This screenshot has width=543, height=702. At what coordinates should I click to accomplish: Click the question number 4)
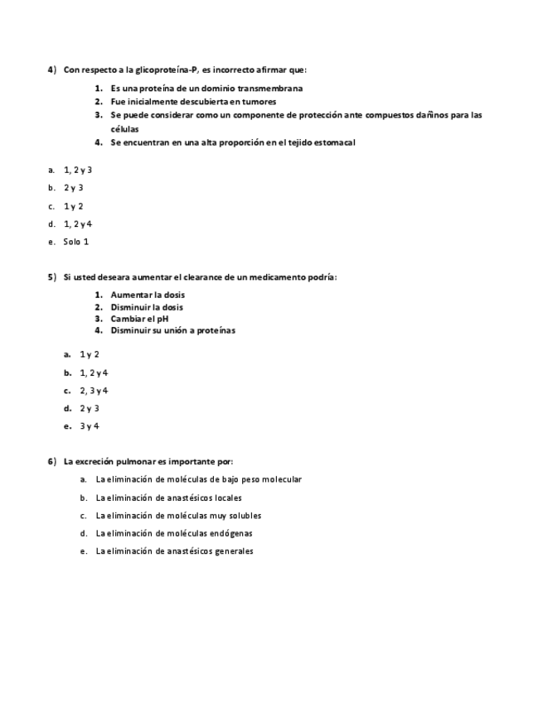point(51,70)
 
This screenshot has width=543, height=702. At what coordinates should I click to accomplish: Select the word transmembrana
point(270,89)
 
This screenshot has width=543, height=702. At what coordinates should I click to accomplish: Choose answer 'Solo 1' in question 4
point(75,242)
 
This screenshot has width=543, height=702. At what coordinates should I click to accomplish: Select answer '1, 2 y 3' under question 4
point(77,170)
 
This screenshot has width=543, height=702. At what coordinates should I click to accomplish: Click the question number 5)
point(51,277)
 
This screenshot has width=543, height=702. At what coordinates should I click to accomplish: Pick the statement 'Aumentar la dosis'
point(148,295)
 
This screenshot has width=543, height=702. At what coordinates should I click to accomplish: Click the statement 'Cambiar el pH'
point(140,319)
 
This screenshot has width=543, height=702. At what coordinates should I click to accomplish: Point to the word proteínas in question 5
point(215,330)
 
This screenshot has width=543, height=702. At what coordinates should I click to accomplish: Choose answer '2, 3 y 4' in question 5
point(94,391)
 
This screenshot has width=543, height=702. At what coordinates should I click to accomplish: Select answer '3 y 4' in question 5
point(90,426)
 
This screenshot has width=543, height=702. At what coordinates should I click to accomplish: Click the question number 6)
point(51,461)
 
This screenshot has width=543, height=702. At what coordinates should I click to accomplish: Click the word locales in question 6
point(228,498)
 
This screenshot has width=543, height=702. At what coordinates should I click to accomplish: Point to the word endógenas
point(232,533)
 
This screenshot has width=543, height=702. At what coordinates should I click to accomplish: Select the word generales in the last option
point(234,551)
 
